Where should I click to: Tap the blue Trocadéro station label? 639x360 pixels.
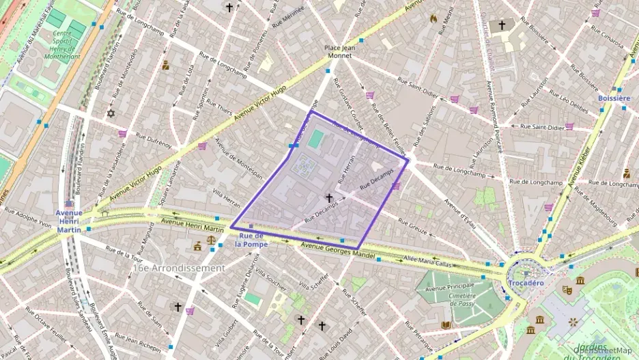coord(525,283)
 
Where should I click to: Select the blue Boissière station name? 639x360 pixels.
coord(613,98)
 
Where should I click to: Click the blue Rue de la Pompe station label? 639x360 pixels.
coord(251,239)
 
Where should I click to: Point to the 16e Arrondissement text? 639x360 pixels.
coord(178,268)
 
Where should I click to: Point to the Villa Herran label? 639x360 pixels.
coord(226,199)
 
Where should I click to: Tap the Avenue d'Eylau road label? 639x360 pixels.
coord(463,212)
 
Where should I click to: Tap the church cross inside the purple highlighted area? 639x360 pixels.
coord(329,197)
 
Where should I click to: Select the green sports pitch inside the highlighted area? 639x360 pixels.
coord(315,139)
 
